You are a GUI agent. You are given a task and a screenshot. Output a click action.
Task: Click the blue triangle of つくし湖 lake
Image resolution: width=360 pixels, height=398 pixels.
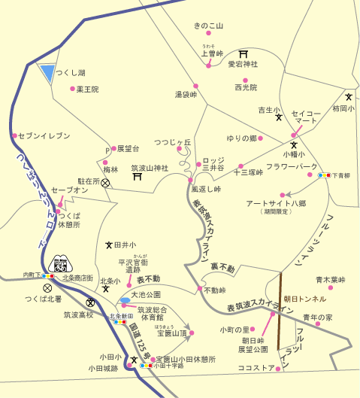click(x=47, y=74)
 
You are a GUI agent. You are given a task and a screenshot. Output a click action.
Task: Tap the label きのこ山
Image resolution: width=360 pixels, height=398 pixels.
click(x=209, y=26)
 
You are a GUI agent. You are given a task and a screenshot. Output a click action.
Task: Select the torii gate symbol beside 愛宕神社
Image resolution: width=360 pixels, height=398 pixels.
click(x=243, y=53)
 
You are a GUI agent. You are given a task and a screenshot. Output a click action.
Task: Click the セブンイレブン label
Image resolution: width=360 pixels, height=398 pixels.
click(x=44, y=135)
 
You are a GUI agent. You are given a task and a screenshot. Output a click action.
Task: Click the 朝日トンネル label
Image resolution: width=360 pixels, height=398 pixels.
click(x=305, y=298)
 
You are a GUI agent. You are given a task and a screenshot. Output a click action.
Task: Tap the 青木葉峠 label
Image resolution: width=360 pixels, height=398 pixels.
click(x=330, y=279)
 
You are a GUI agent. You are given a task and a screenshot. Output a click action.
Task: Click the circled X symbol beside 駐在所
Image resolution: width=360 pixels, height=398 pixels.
click(x=106, y=182)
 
